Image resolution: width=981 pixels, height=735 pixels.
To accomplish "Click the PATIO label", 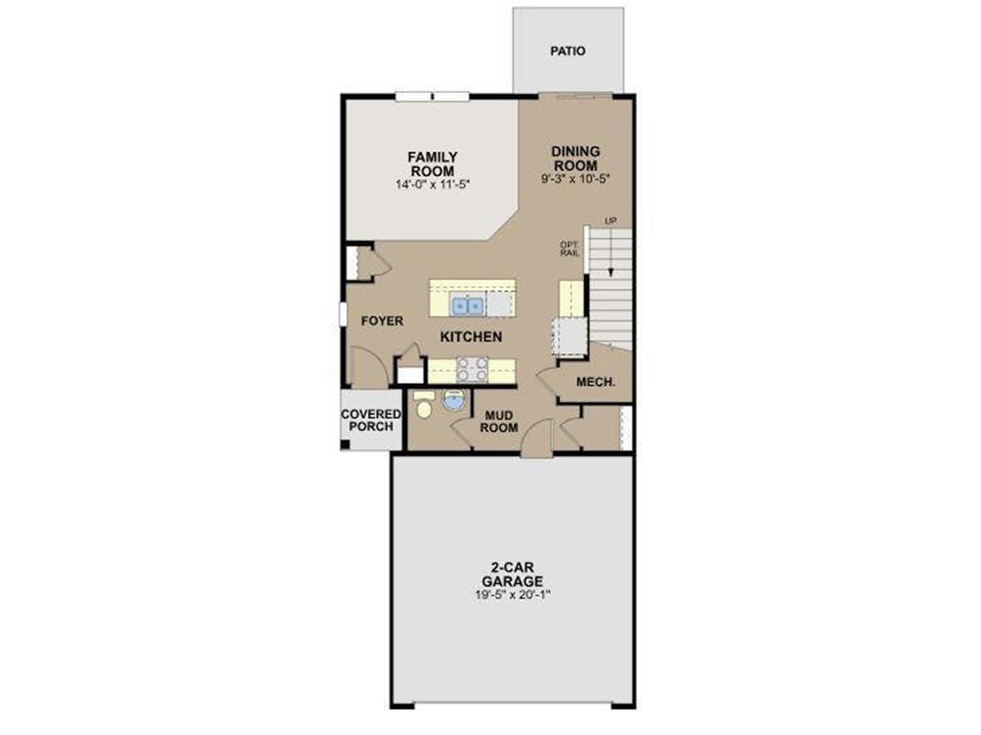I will click(x=567, y=52).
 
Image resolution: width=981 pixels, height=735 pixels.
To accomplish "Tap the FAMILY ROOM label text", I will click(x=432, y=164).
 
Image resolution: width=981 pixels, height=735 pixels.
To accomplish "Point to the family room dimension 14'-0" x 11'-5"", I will click(x=432, y=183).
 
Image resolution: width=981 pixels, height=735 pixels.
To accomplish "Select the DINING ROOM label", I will click(x=575, y=158).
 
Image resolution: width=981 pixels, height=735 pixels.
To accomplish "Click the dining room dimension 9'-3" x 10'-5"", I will click(x=575, y=178).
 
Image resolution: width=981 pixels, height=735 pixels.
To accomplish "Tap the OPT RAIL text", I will click(x=569, y=248).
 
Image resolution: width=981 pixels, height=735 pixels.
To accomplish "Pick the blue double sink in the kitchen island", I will click(x=467, y=305).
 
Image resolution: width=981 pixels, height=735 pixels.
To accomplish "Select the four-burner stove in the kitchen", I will click(x=470, y=368).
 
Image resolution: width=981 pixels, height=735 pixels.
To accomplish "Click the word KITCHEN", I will click(x=470, y=337).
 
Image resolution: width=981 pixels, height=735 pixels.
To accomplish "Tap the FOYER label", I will click(x=381, y=321).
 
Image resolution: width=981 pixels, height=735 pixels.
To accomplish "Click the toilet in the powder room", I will click(x=423, y=405).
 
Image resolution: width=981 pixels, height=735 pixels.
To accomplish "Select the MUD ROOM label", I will click(x=499, y=421).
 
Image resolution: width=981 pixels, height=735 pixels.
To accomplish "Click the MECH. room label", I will click(x=595, y=383).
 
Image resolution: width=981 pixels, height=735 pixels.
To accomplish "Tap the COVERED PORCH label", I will click(x=371, y=419).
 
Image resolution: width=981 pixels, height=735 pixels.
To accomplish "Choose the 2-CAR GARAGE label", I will click(x=513, y=574).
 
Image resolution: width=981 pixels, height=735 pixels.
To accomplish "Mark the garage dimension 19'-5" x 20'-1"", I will click(x=513, y=593).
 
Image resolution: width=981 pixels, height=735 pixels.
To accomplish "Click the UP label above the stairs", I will click(x=609, y=221).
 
